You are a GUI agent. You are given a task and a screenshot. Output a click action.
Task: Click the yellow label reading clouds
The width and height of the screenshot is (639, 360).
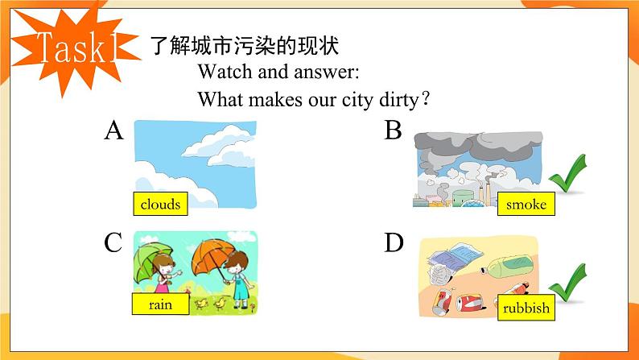tap(159, 205)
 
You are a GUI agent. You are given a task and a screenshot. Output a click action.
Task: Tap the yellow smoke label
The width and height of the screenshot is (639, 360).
tap(526, 205)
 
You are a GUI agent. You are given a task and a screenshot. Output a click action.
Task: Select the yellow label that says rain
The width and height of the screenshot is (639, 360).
tap(160, 305)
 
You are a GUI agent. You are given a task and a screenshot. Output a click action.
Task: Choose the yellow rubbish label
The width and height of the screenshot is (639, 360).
tap(526, 308)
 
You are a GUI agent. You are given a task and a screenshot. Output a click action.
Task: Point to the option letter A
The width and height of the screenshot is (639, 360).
tap(113, 130)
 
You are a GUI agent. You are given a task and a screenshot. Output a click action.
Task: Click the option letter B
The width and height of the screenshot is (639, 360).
tap(393, 130)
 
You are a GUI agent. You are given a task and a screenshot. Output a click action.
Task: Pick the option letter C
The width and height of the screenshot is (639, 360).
tap(113, 242)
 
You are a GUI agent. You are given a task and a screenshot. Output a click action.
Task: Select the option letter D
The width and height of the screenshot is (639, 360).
tap(393, 242)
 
